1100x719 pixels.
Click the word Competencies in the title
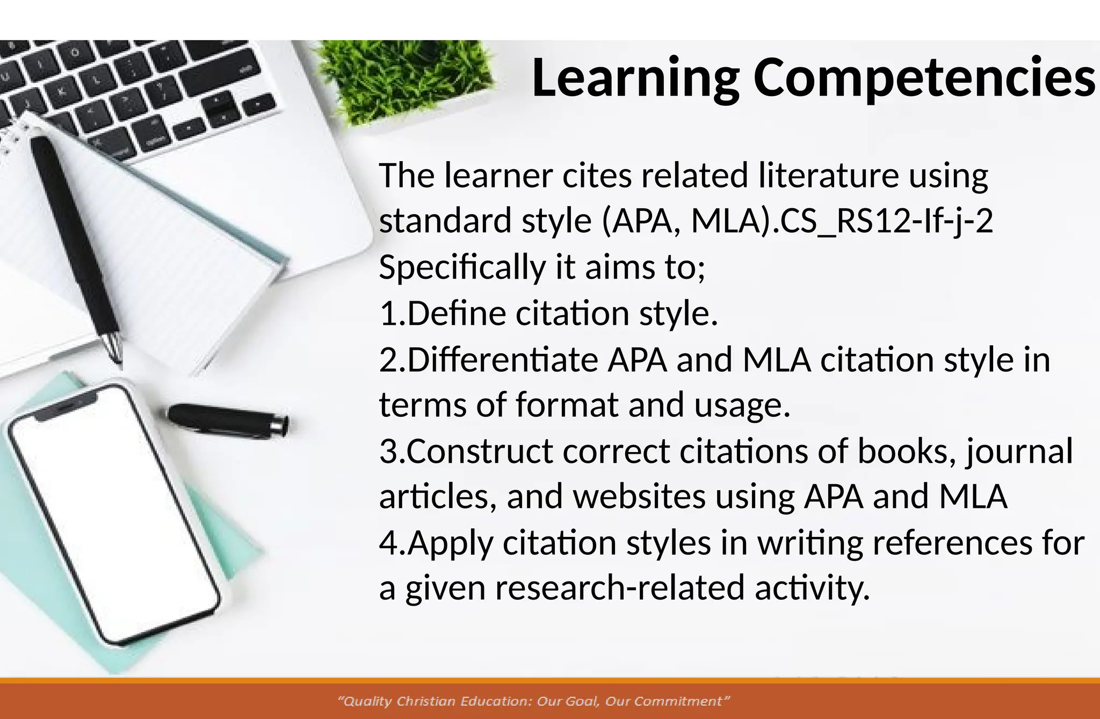pos(924,78)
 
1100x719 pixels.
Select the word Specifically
pos(462,267)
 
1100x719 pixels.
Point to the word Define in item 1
pos(457,313)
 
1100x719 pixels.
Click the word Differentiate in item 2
pos(503,359)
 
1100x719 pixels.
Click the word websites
pos(639,497)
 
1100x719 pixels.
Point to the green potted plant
pos(403,81)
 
